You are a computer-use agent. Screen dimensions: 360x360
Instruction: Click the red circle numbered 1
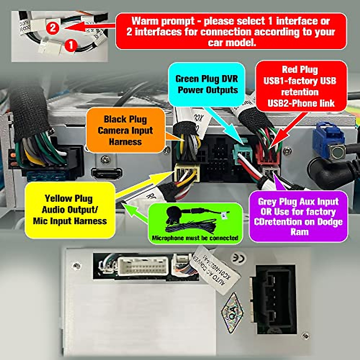(71, 46)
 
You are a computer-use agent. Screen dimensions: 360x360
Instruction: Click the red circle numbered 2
(52, 28)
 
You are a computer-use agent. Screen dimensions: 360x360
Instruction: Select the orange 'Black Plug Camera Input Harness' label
(125, 130)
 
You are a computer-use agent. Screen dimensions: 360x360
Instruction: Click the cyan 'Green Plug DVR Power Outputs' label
(207, 84)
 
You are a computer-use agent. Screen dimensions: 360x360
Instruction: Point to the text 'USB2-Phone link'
(301, 103)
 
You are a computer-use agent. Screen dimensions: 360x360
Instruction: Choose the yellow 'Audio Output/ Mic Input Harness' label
(70, 210)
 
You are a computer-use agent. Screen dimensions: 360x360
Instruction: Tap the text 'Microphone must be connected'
(195, 238)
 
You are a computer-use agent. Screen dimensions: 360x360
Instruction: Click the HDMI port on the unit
(107, 174)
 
